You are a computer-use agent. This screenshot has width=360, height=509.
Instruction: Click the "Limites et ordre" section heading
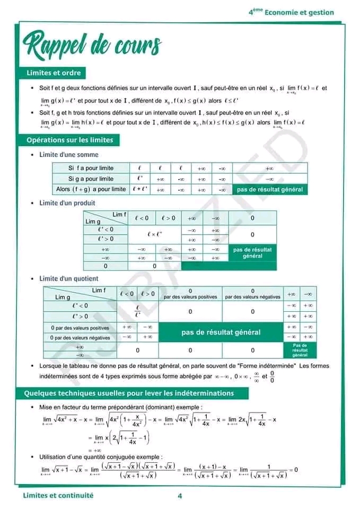54,73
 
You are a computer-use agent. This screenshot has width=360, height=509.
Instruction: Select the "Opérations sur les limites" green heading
69,140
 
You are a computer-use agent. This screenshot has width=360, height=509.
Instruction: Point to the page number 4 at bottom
180,496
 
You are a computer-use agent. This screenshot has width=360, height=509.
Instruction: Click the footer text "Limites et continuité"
58,495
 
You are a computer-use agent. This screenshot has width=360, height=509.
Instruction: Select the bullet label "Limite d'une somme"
69,155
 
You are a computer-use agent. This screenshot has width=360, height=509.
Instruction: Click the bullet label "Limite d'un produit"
67,203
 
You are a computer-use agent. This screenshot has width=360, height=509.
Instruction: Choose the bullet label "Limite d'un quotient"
69,278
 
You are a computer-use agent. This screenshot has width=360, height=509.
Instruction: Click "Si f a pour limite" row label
91,168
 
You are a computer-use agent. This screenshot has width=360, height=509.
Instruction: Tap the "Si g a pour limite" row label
91,179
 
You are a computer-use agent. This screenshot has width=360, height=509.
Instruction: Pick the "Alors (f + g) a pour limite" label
91,189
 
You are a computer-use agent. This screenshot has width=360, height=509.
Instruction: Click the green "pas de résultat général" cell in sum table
270,189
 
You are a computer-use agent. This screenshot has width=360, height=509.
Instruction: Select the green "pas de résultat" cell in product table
252,252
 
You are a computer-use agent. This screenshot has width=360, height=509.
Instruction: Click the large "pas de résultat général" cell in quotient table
221,332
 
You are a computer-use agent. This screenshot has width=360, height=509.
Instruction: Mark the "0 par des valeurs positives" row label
81,328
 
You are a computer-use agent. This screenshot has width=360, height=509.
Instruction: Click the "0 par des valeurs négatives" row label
81,337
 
